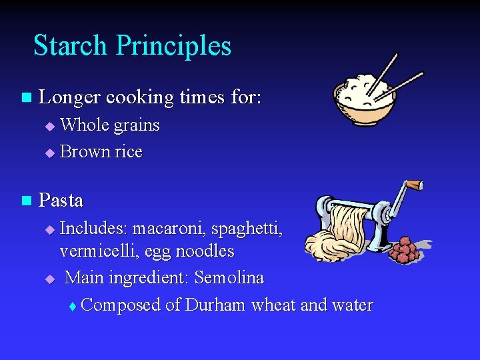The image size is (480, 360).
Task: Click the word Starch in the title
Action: tap(70, 45)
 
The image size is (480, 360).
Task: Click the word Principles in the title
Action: tap(173, 45)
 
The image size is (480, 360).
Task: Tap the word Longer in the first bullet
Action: tap(69, 97)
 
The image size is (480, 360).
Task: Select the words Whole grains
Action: tap(110, 125)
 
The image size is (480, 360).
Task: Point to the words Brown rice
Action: tap(101, 152)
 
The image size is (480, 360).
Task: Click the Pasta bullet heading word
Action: tap(61, 200)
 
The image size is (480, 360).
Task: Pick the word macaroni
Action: tap(169, 229)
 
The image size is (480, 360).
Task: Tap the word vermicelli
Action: tap(95, 251)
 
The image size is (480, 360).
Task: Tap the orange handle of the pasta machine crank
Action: tap(415, 184)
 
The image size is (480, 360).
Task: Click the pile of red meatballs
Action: tap(403, 250)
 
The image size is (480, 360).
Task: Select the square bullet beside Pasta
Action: tap(26, 200)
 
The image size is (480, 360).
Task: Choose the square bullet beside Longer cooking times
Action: tap(26, 98)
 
